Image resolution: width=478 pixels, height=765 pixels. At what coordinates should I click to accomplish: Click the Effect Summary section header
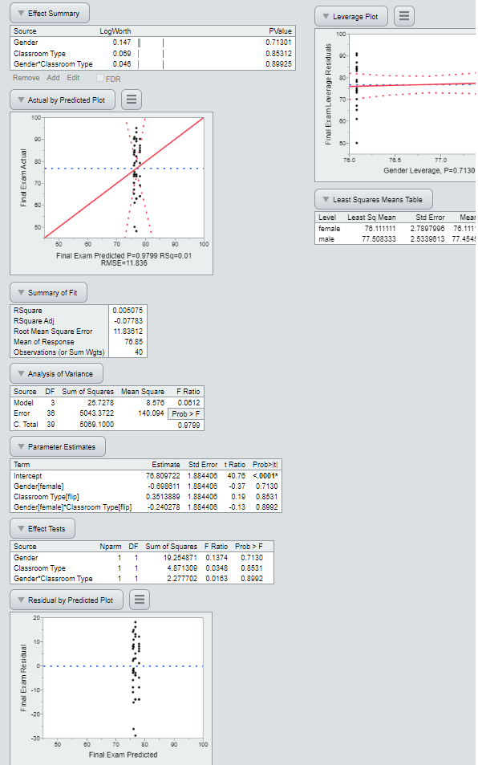(50, 13)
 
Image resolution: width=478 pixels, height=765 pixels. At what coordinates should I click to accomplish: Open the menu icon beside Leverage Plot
(405, 16)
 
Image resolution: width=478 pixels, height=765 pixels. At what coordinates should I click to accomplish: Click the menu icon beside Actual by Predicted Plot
(132, 100)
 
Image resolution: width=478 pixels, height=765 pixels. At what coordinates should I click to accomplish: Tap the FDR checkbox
(100, 78)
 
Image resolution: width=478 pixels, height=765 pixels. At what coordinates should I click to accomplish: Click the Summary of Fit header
(49, 292)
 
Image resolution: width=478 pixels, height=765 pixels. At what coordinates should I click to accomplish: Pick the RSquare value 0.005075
(128, 310)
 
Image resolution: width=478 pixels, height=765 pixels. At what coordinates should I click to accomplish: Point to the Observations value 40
(140, 352)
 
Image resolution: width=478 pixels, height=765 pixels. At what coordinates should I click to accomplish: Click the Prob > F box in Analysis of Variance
(185, 413)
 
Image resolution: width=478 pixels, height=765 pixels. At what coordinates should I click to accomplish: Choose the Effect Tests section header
(43, 528)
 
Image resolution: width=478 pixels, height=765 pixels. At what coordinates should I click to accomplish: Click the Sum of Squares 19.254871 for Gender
(177, 556)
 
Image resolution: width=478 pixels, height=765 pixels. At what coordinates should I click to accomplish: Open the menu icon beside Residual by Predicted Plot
(140, 600)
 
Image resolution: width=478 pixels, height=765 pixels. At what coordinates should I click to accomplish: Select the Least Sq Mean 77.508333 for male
(375, 238)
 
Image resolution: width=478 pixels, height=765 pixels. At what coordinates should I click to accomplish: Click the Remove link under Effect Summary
(26, 78)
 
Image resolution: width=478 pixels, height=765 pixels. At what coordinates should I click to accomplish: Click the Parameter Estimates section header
(58, 446)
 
